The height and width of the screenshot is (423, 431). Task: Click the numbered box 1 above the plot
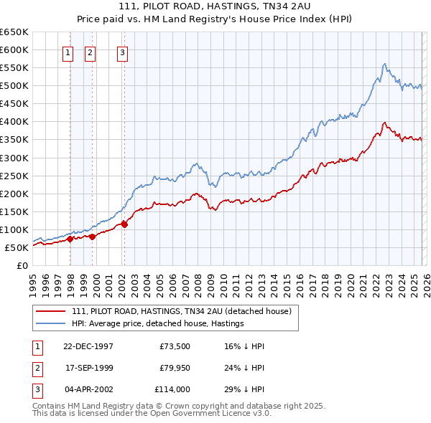coord(68,52)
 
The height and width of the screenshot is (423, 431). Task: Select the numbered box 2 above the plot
coord(91,52)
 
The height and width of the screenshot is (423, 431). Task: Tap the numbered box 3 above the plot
coord(123,52)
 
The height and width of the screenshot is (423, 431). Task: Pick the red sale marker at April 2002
coord(124,224)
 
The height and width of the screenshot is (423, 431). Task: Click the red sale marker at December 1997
coord(70,239)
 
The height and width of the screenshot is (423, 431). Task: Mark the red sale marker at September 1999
coord(92,237)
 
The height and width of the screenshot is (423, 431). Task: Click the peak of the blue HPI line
coord(385,64)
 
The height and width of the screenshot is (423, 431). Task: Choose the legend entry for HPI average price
coord(157,324)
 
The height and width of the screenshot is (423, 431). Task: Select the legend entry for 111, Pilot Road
coord(181,311)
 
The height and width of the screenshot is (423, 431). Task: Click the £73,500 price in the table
coord(174,346)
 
